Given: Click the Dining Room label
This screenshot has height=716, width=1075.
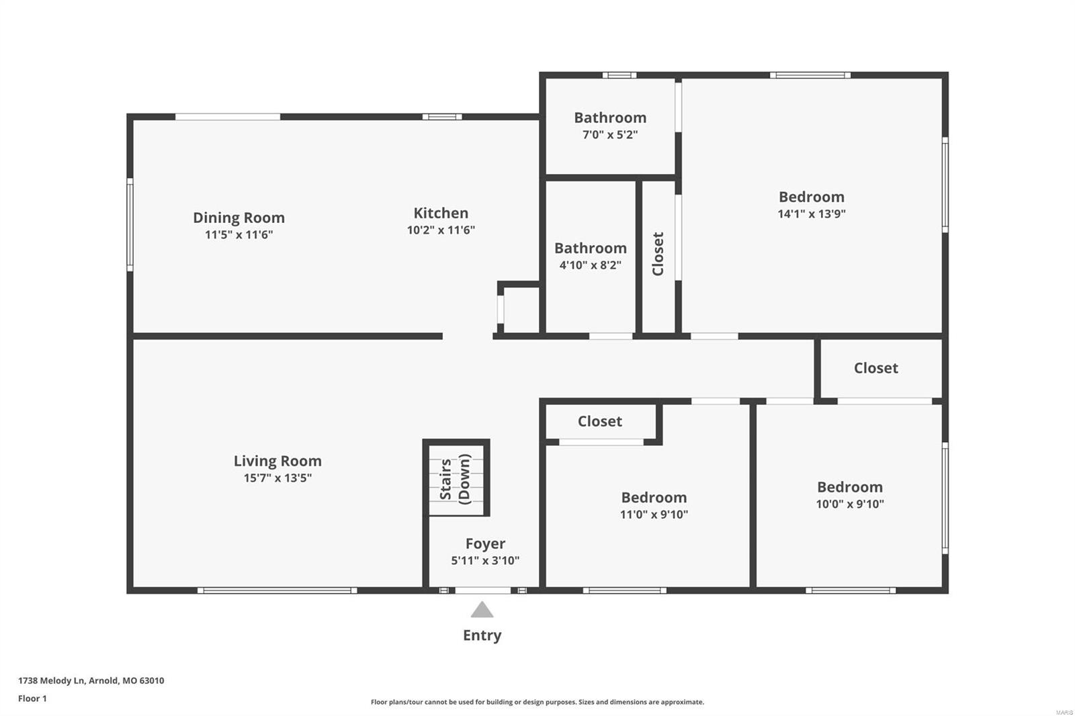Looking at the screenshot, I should pyautogui.click(x=239, y=218).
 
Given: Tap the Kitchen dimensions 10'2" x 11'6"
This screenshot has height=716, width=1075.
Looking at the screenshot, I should pyautogui.click(x=441, y=230).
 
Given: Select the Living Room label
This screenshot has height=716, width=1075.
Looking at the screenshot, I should pyautogui.click(x=277, y=461).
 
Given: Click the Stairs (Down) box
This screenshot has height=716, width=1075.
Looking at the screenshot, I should pyautogui.click(x=456, y=478).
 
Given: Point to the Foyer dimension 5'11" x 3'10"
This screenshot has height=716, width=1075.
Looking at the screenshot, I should pyautogui.click(x=485, y=560).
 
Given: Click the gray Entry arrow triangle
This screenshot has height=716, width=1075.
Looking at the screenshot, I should pyautogui.click(x=482, y=610).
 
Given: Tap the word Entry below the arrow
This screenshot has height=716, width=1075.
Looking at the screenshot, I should pyautogui.click(x=482, y=635).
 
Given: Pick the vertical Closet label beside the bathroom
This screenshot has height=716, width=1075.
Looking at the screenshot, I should pyautogui.click(x=658, y=254).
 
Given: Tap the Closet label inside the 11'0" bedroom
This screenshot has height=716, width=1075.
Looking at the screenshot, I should pyautogui.click(x=599, y=421).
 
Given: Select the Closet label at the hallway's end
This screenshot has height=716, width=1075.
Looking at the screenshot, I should pyautogui.click(x=875, y=368).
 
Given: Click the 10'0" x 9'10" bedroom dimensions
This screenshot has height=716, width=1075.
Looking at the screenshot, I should pyautogui.click(x=849, y=504).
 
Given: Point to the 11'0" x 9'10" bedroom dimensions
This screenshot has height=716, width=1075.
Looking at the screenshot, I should pyautogui.click(x=654, y=514).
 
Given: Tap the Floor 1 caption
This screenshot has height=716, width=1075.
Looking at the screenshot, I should pyautogui.click(x=32, y=699).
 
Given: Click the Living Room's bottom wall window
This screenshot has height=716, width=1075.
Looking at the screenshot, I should pyautogui.click(x=277, y=590).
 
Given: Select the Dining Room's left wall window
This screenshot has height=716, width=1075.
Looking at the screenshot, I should pyautogui.click(x=130, y=224).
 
